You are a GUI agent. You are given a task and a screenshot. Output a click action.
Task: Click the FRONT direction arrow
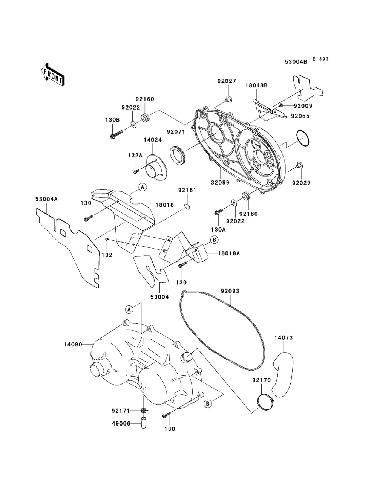(x=53, y=75)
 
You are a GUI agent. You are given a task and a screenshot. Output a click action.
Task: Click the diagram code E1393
(x=320, y=59)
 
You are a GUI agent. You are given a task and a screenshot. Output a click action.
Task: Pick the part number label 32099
(x=220, y=183)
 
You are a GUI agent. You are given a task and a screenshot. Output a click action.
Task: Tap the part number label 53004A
(x=46, y=199)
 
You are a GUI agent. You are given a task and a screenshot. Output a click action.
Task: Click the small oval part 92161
(x=187, y=206)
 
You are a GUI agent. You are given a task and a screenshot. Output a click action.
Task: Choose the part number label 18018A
(x=229, y=253)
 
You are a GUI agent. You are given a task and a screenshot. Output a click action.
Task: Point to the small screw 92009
(x=281, y=105)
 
